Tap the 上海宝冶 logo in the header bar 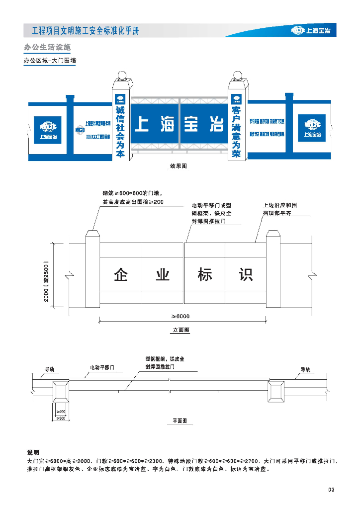(313, 31)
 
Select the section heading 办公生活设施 (47, 48)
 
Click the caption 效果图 (178, 167)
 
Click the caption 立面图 (180, 330)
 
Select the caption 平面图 (180, 421)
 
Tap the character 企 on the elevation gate (121, 275)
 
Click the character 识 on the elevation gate (246, 275)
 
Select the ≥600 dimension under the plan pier (62, 418)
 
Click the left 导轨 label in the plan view (50, 369)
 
